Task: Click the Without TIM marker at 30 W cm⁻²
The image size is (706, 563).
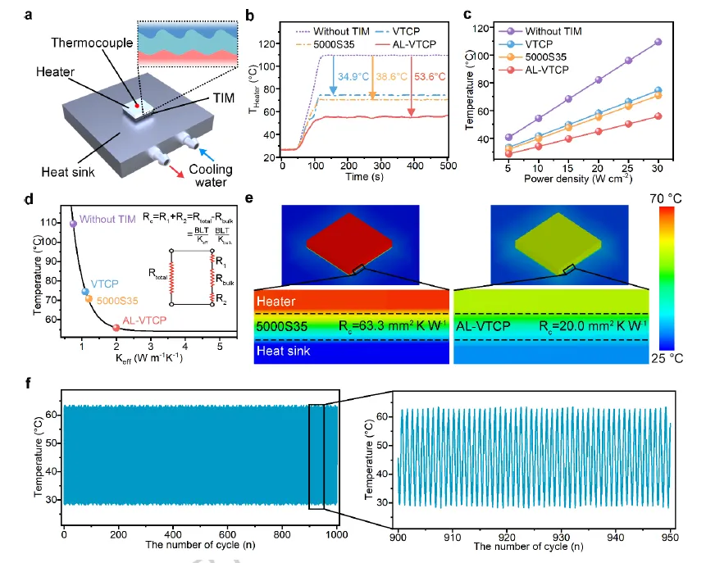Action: point(657,42)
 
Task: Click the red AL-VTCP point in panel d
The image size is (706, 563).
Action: point(116,328)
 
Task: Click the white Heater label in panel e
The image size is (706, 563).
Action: point(276,302)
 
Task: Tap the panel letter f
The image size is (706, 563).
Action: point(30,383)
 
